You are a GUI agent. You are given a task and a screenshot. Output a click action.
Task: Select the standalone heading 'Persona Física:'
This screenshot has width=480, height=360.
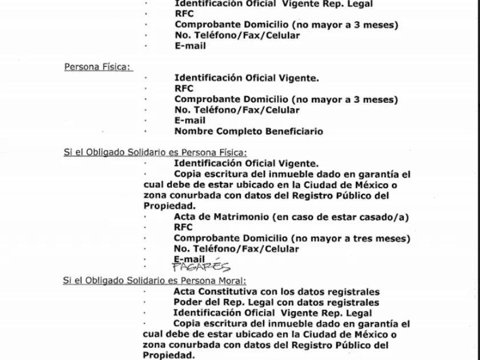98,67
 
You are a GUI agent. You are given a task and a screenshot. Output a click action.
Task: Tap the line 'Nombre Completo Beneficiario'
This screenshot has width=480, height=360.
249,131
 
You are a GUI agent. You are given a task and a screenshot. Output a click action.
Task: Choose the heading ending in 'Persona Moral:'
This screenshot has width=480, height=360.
154,280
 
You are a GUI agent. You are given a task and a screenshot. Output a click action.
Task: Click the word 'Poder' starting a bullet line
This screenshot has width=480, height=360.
187,302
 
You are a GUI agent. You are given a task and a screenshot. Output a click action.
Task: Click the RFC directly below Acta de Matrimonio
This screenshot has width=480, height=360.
183,227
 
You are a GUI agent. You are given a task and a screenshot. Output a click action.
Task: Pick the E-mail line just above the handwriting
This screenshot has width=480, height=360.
189,259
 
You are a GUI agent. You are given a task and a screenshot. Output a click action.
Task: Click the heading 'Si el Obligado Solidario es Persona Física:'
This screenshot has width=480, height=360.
155,152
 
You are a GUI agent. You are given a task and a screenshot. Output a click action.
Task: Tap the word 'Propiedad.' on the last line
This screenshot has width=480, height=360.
169,355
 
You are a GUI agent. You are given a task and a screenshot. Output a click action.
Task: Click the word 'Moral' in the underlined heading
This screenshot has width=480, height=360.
231,280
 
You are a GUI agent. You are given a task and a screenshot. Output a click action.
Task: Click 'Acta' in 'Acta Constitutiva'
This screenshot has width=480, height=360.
185,291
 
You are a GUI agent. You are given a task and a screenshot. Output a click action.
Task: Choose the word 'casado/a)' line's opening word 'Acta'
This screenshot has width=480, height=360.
185,217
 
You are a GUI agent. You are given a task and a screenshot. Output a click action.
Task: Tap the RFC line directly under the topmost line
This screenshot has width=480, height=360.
184,14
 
